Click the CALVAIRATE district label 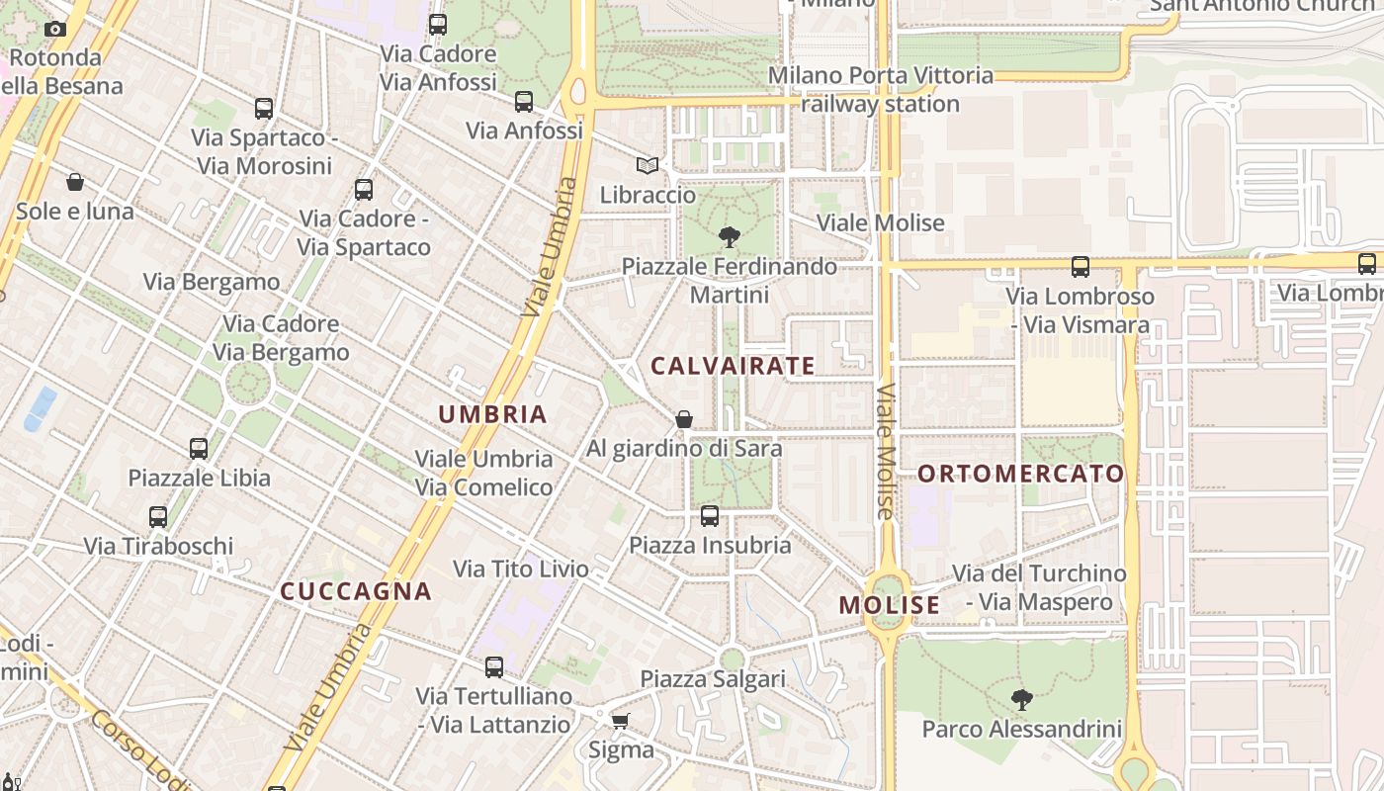click(x=733, y=366)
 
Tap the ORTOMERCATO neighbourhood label click(x=1021, y=474)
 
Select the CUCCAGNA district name click(x=356, y=591)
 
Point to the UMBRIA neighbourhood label click(x=492, y=414)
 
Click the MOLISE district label click(x=890, y=605)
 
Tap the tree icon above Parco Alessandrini click(x=1022, y=700)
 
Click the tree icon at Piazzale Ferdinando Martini click(x=730, y=237)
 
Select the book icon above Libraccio click(x=648, y=166)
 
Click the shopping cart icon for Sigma click(x=620, y=721)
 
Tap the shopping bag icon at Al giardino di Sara click(x=683, y=419)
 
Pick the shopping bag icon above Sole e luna click(x=74, y=182)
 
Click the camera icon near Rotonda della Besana click(x=55, y=29)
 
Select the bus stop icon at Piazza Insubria click(x=710, y=515)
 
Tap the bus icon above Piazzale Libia click(x=199, y=448)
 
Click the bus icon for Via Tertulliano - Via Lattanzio click(x=493, y=667)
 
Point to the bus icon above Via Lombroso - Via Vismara click(x=1080, y=267)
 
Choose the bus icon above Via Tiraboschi click(x=158, y=516)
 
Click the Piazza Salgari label click(x=713, y=678)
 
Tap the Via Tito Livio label click(x=520, y=569)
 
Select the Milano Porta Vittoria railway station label click(x=880, y=89)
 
